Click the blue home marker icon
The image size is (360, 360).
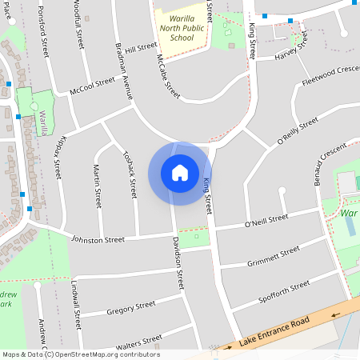pos(180,173)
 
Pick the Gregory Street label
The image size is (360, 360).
pos(130,306)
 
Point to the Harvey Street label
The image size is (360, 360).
pos(291,54)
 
